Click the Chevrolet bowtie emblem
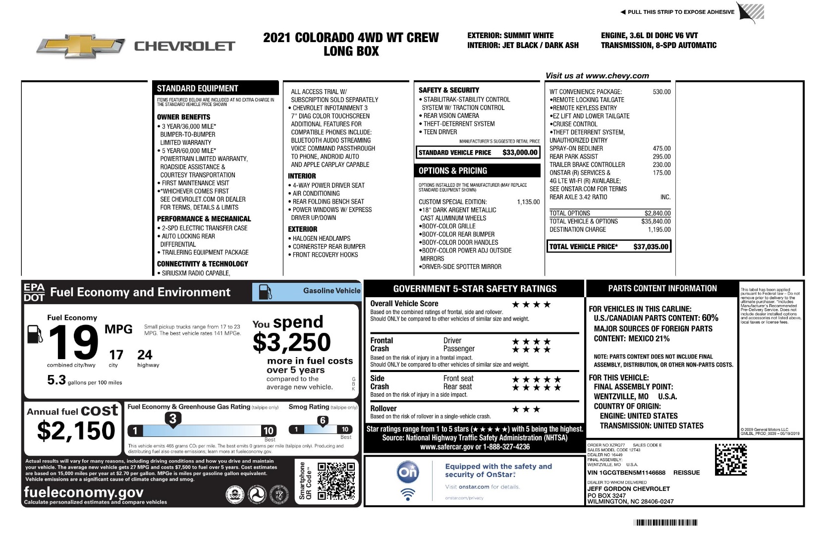[x=80, y=46]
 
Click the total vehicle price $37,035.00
[x=651, y=247]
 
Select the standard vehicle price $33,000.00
[x=520, y=153]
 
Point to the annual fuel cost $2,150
[x=76, y=430]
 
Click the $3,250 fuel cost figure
[x=291, y=342]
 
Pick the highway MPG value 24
[x=145, y=355]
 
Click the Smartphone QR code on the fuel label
[x=336, y=481]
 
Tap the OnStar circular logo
[x=408, y=472]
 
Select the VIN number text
[x=626, y=473]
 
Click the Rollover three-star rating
[x=526, y=409]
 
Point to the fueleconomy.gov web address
[x=84, y=492]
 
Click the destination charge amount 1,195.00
[x=659, y=229]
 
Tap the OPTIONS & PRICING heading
[x=453, y=171]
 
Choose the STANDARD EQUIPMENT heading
[x=197, y=89]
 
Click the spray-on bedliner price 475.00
[x=662, y=148]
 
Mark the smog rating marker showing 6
[x=323, y=421]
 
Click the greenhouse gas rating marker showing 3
[x=173, y=419]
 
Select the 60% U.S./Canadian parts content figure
[x=710, y=318]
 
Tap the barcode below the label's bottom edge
[x=665, y=522]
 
